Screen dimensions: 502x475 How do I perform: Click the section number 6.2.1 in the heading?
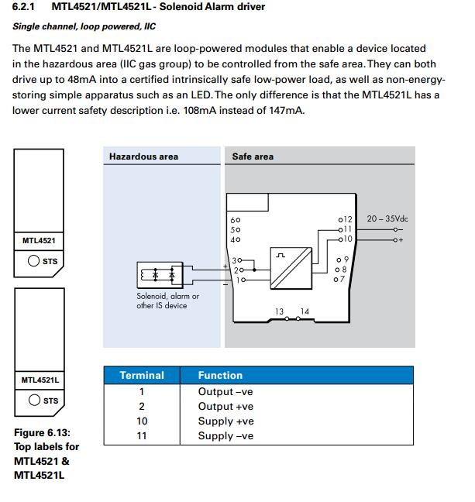pyautogui.click(x=26, y=8)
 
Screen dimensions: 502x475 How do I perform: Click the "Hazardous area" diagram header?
pyautogui.click(x=143, y=156)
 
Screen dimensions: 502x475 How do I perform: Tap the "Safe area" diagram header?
pyautogui.click(x=253, y=156)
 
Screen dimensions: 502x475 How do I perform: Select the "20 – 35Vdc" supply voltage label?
pyautogui.click(x=387, y=219)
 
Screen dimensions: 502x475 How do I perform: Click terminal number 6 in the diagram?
pyautogui.click(x=236, y=220)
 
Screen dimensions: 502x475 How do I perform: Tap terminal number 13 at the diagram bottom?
pyautogui.click(x=279, y=312)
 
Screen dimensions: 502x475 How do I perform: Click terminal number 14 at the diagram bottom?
pyautogui.click(x=305, y=312)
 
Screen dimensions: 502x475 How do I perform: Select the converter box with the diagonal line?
pyautogui.click(x=291, y=269)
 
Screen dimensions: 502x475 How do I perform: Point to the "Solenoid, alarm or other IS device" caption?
pyautogui.click(x=163, y=301)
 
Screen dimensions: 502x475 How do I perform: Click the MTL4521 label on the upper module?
pyautogui.click(x=39, y=242)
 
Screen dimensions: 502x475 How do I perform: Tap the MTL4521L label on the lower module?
pyautogui.click(x=40, y=380)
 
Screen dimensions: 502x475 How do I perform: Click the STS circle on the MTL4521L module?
pyautogui.click(x=34, y=401)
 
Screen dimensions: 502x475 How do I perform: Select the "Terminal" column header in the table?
pyautogui.click(x=142, y=376)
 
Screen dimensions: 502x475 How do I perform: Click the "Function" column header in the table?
pyautogui.click(x=220, y=376)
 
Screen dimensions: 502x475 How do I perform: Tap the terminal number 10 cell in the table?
pyautogui.click(x=142, y=421)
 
